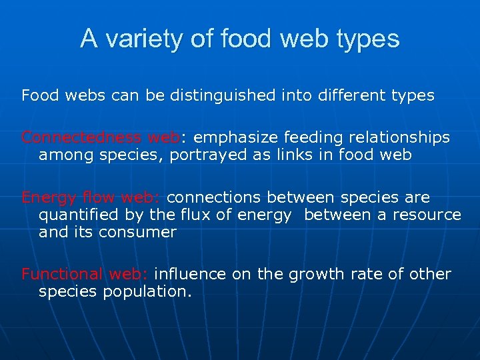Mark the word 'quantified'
[x=77, y=215]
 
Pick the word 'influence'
[x=187, y=274]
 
